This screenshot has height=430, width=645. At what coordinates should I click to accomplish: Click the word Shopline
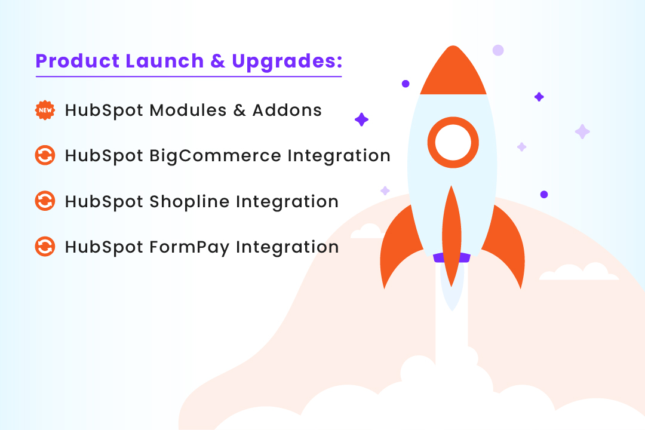(x=189, y=201)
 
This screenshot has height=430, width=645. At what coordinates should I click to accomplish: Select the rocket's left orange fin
(x=398, y=245)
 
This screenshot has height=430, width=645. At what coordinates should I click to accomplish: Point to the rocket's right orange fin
(x=505, y=245)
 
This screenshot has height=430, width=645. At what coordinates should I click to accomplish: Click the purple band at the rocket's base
(x=452, y=257)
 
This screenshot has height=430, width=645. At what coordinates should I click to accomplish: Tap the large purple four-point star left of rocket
(x=361, y=119)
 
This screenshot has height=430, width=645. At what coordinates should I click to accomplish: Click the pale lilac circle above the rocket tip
(x=497, y=50)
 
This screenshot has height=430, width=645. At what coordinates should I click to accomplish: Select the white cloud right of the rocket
(x=578, y=273)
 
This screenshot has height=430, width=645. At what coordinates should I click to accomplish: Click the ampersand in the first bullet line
(x=239, y=110)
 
